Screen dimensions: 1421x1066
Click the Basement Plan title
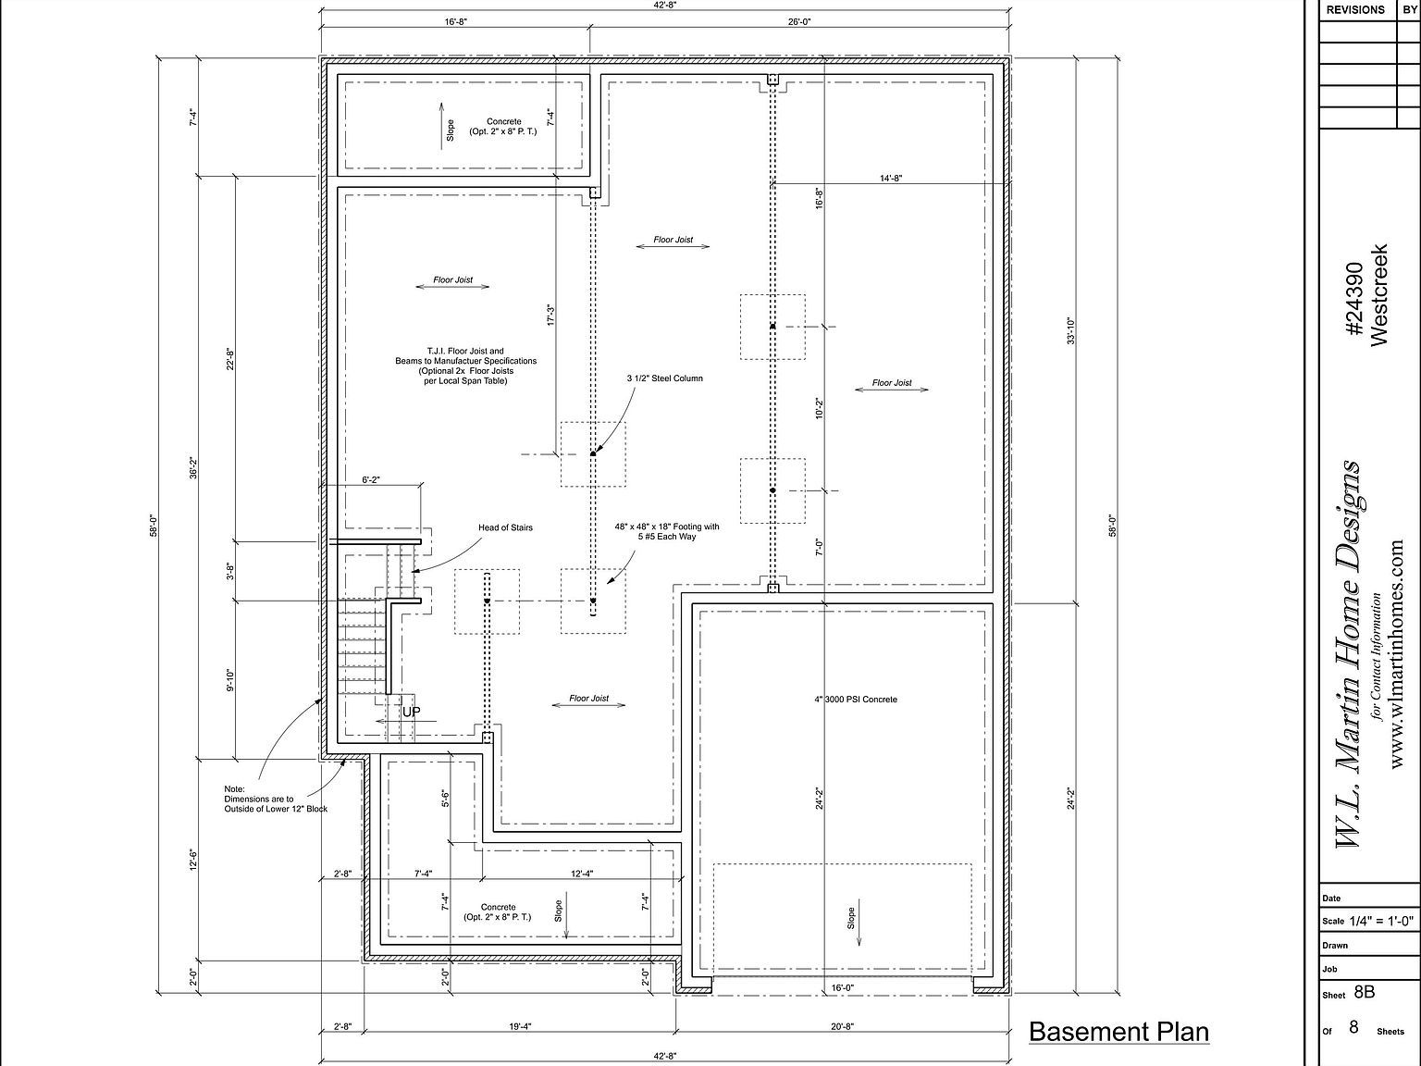[1118, 1032]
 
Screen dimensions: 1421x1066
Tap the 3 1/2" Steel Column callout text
[664, 378]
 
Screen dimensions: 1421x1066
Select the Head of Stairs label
[506, 527]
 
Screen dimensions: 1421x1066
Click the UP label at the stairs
[411, 712]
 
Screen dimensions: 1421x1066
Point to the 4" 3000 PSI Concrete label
[855, 699]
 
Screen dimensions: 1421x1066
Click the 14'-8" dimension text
[891, 178]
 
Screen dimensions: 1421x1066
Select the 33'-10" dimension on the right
[1070, 330]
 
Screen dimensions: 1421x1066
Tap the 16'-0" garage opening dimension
[842, 987]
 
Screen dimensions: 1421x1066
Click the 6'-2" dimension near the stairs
[371, 479]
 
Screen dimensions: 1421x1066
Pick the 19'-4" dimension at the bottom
[520, 1026]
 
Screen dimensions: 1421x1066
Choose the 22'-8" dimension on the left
[229, 358]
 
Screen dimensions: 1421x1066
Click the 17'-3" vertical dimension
[551, 316]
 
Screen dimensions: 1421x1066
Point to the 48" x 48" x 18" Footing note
[667, 531]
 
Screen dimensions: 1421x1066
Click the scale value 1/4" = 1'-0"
[1381, 921]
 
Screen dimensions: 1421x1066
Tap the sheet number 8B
[1364, 992]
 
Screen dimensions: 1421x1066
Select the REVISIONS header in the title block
[1355, 9]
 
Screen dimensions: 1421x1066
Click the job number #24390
[1355, 298]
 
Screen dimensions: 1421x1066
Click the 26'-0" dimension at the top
[799, 21]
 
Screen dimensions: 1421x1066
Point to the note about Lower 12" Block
[276, 799]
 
